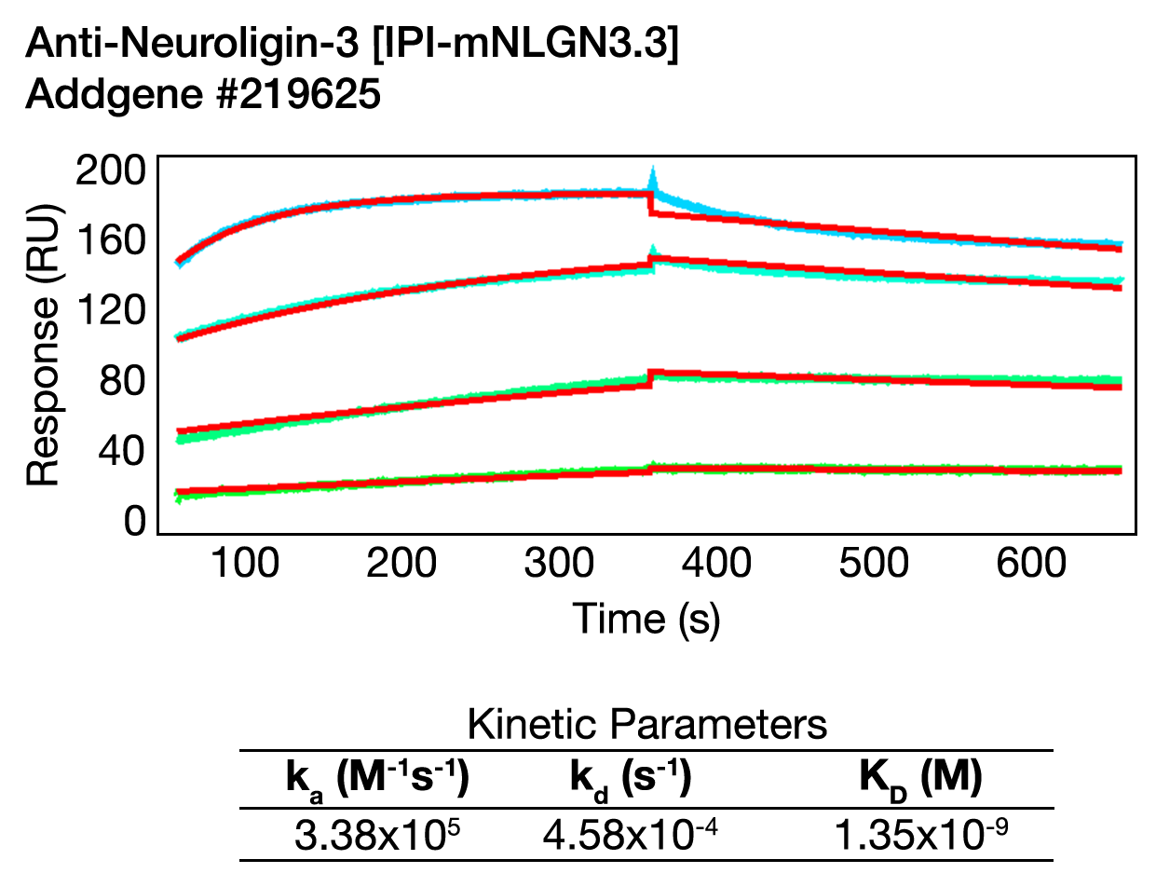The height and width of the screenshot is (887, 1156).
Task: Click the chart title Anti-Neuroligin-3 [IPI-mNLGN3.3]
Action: [x=352, y=44]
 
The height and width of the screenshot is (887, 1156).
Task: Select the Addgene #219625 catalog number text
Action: [x=203, y=95]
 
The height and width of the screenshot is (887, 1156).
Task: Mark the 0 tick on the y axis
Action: [x=135, y=522]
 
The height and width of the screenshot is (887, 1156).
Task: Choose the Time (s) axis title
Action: [x=646, y=619]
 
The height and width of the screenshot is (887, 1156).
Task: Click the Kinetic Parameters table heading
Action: [x=646, y=724]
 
